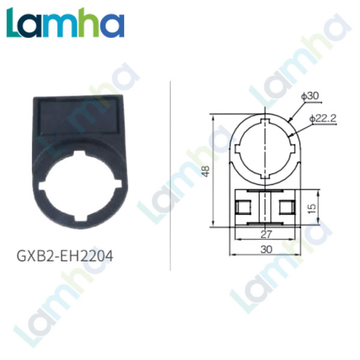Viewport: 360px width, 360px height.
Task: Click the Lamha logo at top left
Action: coord(65,23)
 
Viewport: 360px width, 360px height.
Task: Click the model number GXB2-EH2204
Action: coord(65,256)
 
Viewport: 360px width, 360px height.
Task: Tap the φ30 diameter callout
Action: coord(310,96)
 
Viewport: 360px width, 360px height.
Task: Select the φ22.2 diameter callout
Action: coord(323,118)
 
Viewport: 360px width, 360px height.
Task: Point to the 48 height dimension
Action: coord(206,171)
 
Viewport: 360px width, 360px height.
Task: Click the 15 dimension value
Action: coord(311,208)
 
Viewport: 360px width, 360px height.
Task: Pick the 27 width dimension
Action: coord(266,235)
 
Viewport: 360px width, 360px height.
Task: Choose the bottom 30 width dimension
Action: coord(266,250)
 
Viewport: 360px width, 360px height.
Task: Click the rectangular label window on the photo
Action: coord(78,116)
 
